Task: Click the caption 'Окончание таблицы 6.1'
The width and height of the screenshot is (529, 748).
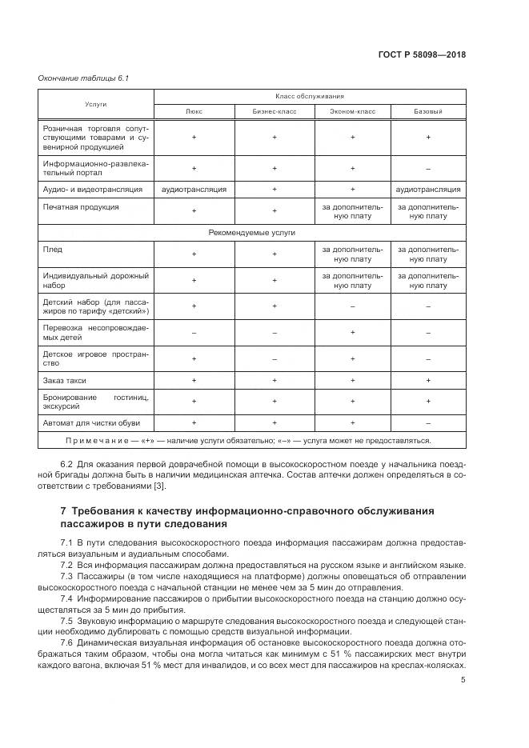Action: pyautogui.click(x=72, y=78)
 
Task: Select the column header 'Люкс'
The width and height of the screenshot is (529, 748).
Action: pyautogui.click(x=194, y=112)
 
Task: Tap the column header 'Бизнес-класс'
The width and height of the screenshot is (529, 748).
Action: pyautogui.click(x=274, y=112)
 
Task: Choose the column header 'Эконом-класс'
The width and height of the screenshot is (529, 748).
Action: pyautogui.click(x=352, y=112)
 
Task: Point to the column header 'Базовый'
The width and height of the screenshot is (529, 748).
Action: pyautogui.click(x=428, y=112)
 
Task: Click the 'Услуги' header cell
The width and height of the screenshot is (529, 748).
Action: pyautogui.click(x=96, y=105)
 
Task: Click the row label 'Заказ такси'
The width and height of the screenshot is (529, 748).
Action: pyautogui.click(x=65, y=380)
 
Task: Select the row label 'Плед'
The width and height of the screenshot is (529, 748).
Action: pyautogui.click(x=52, y=250)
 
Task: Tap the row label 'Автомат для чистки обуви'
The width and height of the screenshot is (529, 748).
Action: pyautogui.click(x=87, y=422)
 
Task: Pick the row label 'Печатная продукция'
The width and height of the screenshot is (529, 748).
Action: pyautogui.click(x=81, y=206)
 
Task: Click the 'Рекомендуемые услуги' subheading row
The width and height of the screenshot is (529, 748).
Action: pyautogui.click(x=252, y=232)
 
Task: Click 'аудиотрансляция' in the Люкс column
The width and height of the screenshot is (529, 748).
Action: pyautogui.click(x=194, y=190)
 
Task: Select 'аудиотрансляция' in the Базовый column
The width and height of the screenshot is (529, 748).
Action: pyautogui.click(x=428, y=190)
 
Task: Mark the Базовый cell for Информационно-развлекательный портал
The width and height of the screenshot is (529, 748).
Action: pyautogui.click(x=428, y=168)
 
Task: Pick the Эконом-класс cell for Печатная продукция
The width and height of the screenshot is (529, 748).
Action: pyautogui.click(x=352, y=210)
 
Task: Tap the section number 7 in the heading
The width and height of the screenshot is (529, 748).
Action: pyautogui.click(x=63, y=510)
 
